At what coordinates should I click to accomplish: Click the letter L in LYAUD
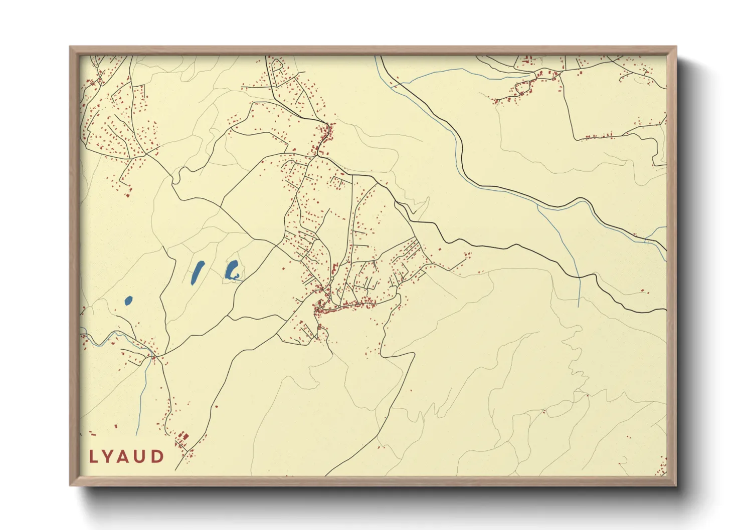pyautogui.click(x=93, y=457)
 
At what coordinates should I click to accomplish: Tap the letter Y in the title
pyautogui.click(x=109, y=457)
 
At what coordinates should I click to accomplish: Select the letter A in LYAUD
pyautogui.click(x=125, y=457)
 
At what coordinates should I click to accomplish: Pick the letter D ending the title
pyautogui.click(x=158, y=457)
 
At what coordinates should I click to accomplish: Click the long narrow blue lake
pyautogui.click(x=198, y=273)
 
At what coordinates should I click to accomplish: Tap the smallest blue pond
pyautogui.click(x=128, y=301)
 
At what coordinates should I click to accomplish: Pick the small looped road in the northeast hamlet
pyautogui.click(x=521, y=88)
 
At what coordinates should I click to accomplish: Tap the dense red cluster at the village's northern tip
pyautogui.click(x=326, y=133)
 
